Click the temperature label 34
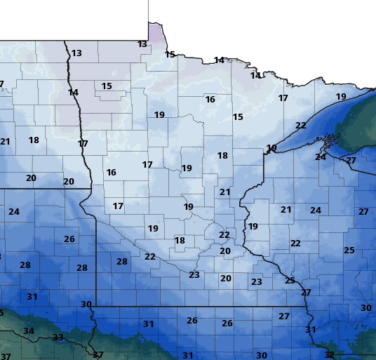click(28, 331)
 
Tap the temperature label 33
click(58, 338)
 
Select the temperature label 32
click(329, 354)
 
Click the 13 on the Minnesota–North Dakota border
click(76, 53)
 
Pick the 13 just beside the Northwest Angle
click(142, 44)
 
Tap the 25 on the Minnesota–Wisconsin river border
click(290, 281)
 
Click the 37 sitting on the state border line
click(98, 354)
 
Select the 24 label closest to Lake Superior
click(321, 157)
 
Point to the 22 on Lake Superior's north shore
click(301, 126)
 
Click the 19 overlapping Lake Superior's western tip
click(271, 148)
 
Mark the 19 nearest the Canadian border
click(341, 97)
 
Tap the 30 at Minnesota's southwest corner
click(86, 304)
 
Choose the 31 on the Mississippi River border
click(311, 330)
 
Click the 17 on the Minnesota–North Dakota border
click(83, 144)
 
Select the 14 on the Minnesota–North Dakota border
click(73, 93)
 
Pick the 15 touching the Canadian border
click(170, 55)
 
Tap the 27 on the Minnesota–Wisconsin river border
click(306, 293)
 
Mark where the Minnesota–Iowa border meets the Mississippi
click(306, 307)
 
